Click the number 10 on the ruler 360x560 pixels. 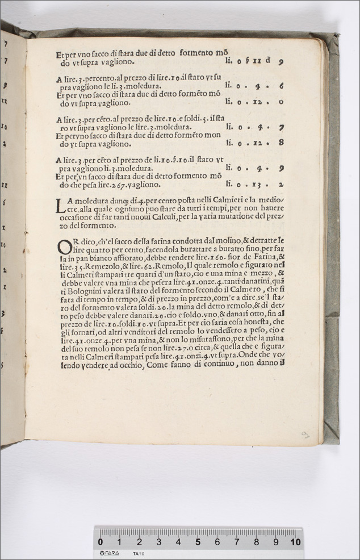[x=295, y=542]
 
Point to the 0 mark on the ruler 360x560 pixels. [x=101, y=542]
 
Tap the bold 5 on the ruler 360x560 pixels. [x=198, y=542]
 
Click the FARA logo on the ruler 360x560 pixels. [x=109, y=553]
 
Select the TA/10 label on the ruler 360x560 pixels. [x=137, y=553]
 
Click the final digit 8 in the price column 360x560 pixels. [x=281, y=143]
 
